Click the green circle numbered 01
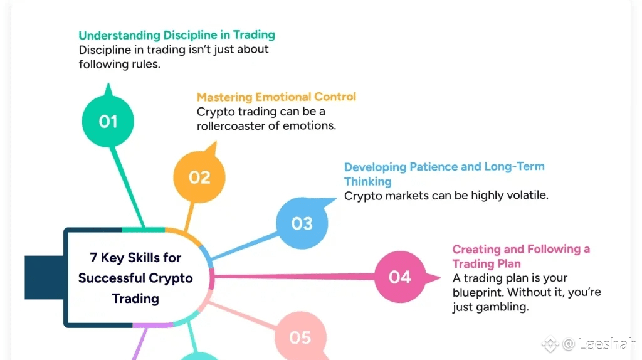pyautogui.click(x=108, y=121)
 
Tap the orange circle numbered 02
pyautogui.click(x=199, y=177)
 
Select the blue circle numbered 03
pyautogui.click(x=302, y=223)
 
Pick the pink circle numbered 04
pyautogui.click(x=399, y=277)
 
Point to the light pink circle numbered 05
pyautogui.click(x=300, y=337)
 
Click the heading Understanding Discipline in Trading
pyautogui.click(x=176, y=35)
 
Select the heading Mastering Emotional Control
pyautogui.click(x=276, y=97)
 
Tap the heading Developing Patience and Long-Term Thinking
pyautogui.click(x=444, y=174)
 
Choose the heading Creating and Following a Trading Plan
pyautogui.click(x=520, y=256)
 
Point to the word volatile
pyautogui.click(x=525, y=195)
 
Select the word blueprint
pyautogui.click(x=478, y=292)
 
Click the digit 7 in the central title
pyautogui.click(x=93, y=258)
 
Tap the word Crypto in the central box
pyautogui.click(x=171, y=278)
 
